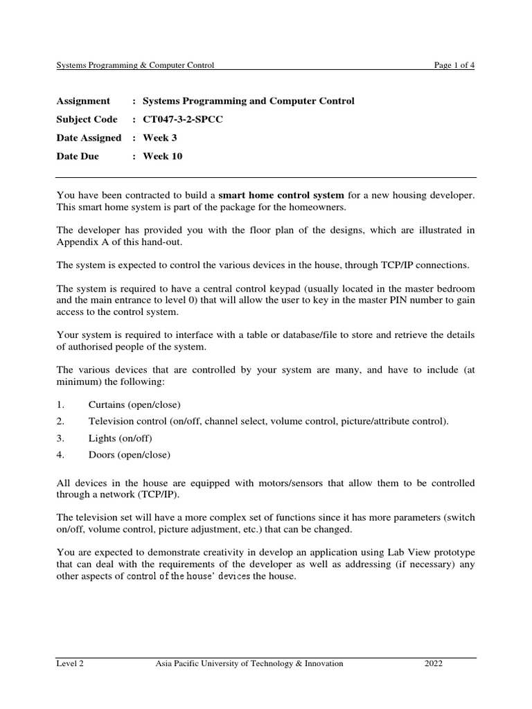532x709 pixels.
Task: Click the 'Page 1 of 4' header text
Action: pos(454,65)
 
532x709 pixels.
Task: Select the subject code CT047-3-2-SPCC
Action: pos(184,119)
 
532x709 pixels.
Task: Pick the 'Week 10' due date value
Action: pos(163,156)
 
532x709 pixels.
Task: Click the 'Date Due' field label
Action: pos(78,156)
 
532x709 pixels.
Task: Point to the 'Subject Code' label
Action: pos(87,119)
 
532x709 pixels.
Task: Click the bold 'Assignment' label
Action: pos(83,101)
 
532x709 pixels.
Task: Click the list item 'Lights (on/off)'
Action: pos(120,438)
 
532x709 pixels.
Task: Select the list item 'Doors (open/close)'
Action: pos(129,455)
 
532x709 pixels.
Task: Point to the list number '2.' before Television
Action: pos(60,421)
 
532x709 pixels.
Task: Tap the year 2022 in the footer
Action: pos(434,663)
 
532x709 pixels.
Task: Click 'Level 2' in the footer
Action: pos(70,663)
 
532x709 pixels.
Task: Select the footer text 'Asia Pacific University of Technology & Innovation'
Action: pos(249,663)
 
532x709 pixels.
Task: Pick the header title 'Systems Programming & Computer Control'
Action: pos(135,65)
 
